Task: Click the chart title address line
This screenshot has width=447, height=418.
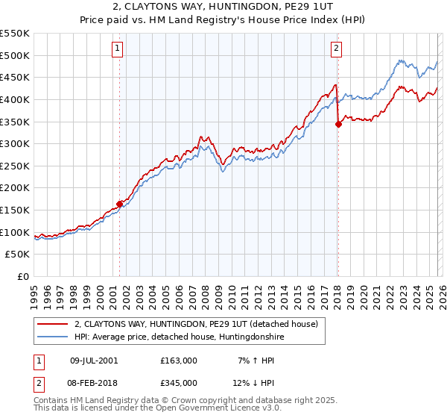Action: point(223,7)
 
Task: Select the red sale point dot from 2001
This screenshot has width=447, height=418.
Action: point(119,204)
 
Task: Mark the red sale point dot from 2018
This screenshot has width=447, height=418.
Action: point(338,124)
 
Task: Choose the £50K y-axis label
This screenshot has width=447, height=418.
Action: point(18,255)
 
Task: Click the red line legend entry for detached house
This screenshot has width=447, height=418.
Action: point(196,324)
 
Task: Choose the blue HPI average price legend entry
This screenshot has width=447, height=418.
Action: point(179,337)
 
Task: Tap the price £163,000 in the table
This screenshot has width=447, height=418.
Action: point(178,360)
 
